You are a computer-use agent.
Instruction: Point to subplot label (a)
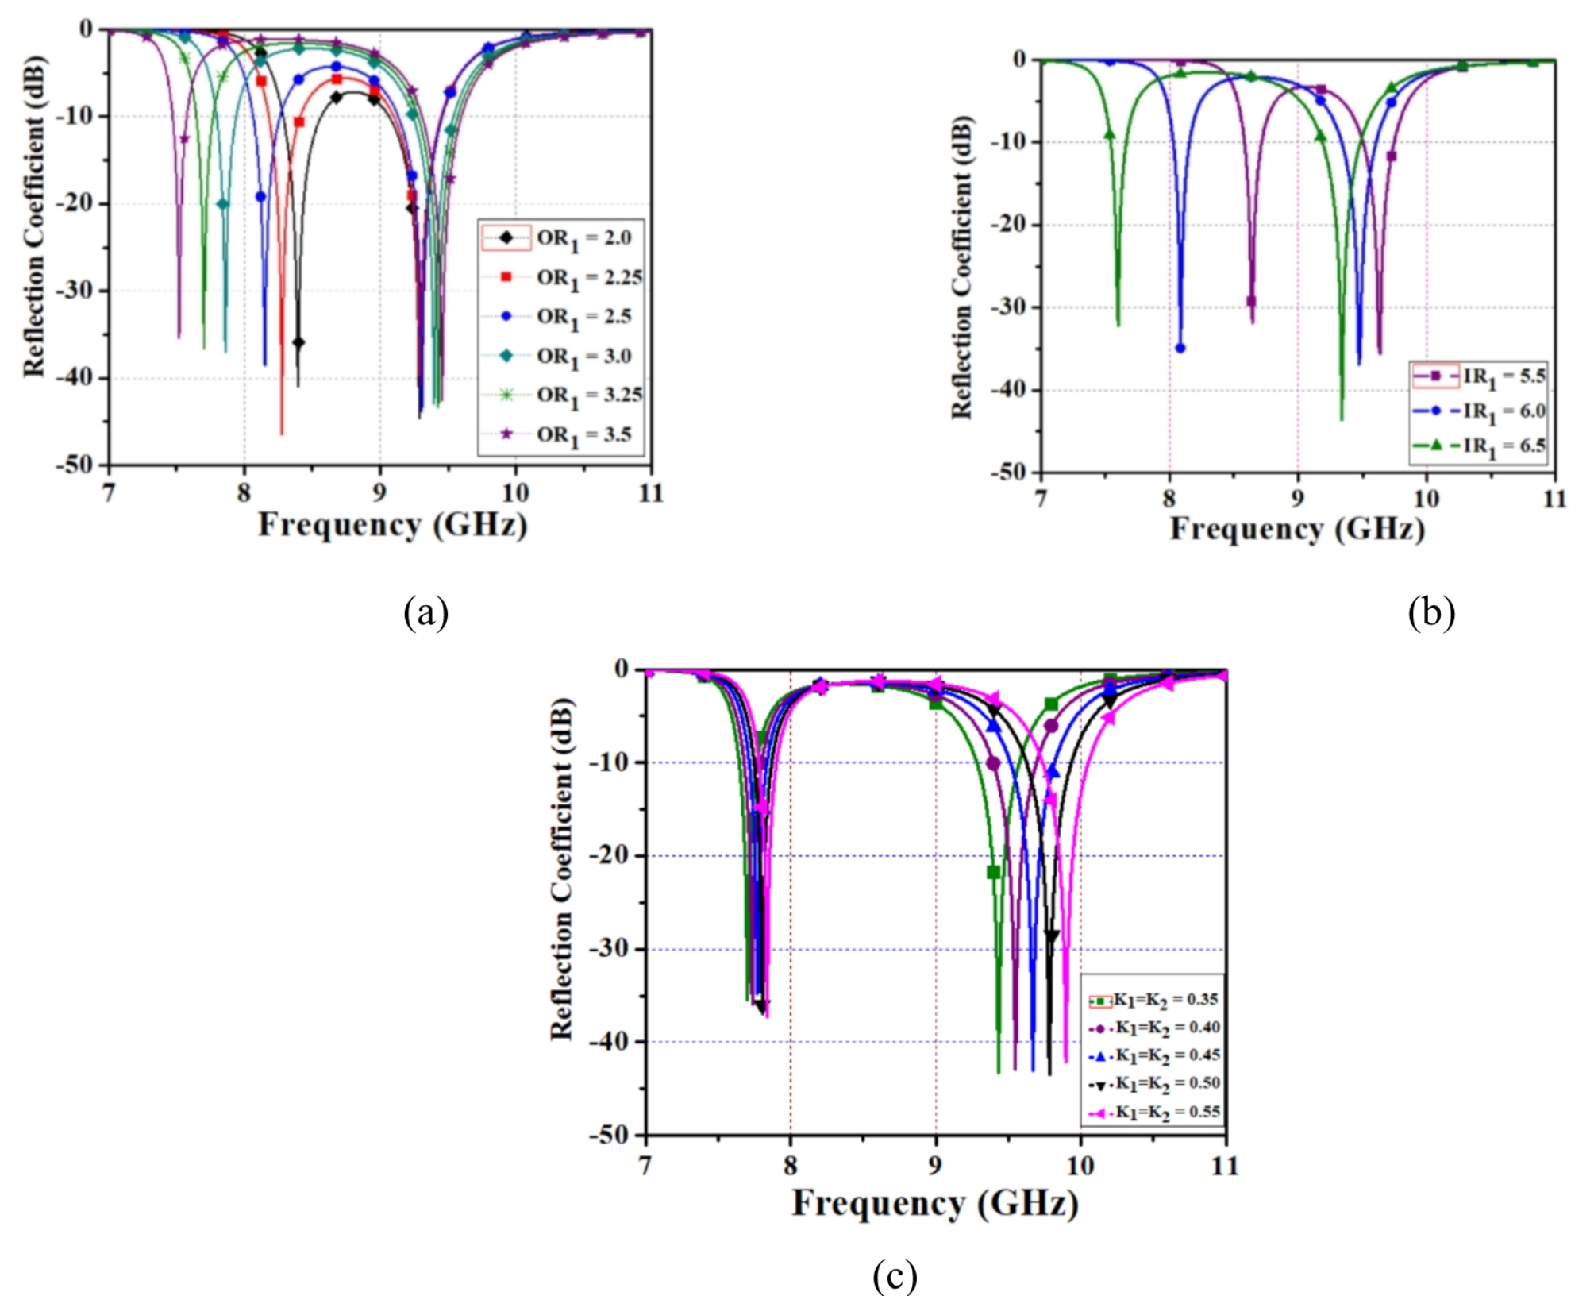pyautogui.click(x=425, y=613)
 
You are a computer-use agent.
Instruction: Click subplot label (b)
pyautogui.click(x=1430, y=613)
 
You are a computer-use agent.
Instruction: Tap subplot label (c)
pyautogui.click(x=895, y=1275)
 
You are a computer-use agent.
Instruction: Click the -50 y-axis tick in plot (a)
pyautogui.click(x=74, y=465)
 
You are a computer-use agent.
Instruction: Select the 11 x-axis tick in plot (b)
pyautogui.click(x=1554, y=499)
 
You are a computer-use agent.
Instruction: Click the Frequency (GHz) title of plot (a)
pyautogui.click(x=392, y=526)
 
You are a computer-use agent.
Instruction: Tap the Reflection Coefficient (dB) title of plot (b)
pyautogui.click(x=961, y=267)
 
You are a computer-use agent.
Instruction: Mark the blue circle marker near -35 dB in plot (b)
pyautogui.click(x=1180, y=348)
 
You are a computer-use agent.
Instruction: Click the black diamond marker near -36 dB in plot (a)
pyautogui.click(x=298, y=342)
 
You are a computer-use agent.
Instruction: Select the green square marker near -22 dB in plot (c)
pyautogui.click(x=993, y=872)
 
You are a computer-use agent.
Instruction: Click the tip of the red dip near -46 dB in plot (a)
pyautogui.click(x=281, y=434)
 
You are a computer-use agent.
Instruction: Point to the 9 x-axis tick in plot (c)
pyautogui.click(x=936, y=1166)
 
